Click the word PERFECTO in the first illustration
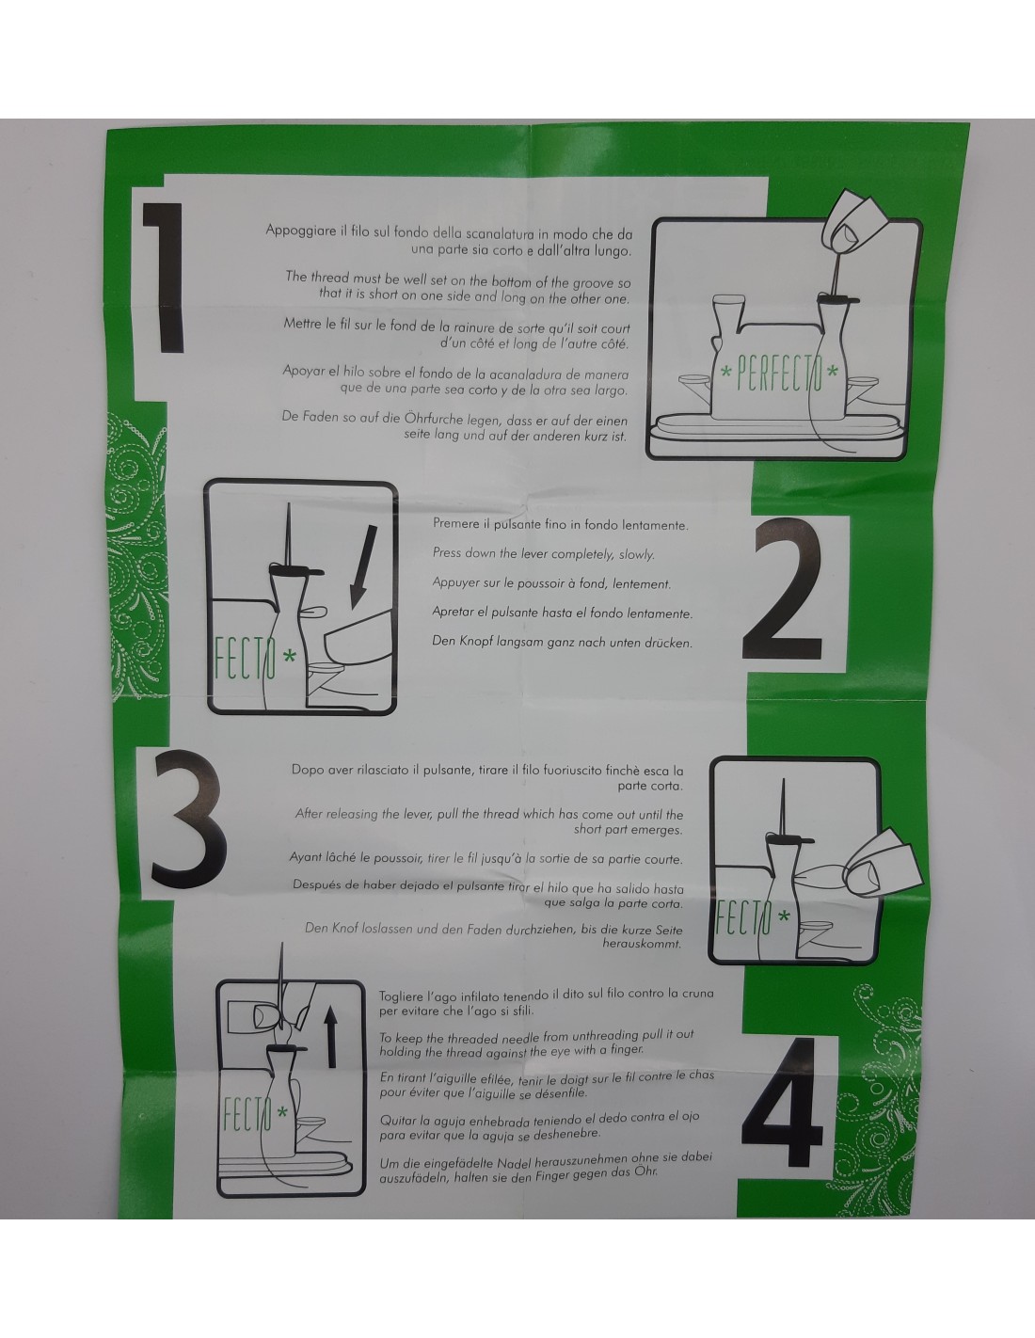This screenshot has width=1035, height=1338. click(x=779, y=372)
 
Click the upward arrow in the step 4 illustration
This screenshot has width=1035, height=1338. click(x=331, y=1036)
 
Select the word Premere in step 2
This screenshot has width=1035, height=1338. click(x=454, y=523)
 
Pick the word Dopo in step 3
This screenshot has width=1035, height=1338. click(x=307, y=770)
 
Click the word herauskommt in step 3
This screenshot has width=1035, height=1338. click(x=642, y=944)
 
